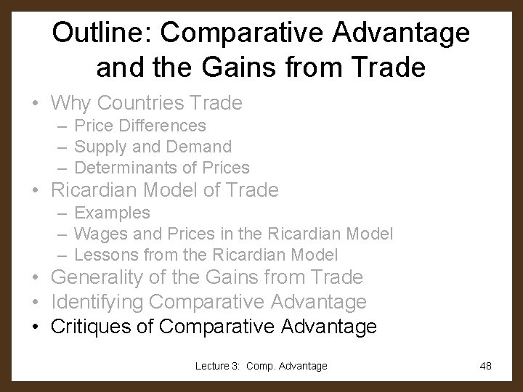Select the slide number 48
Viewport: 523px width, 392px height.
tap(486, 366)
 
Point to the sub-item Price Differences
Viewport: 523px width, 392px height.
tap(140, 126)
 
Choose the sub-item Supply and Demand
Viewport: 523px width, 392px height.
tap(153, 147)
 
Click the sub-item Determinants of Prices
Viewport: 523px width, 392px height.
tap(162, 168)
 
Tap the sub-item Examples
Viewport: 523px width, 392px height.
tap(113, 213)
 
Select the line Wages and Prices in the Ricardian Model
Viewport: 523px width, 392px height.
tap(234, 234)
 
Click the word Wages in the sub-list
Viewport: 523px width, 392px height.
tap(99, 234)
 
